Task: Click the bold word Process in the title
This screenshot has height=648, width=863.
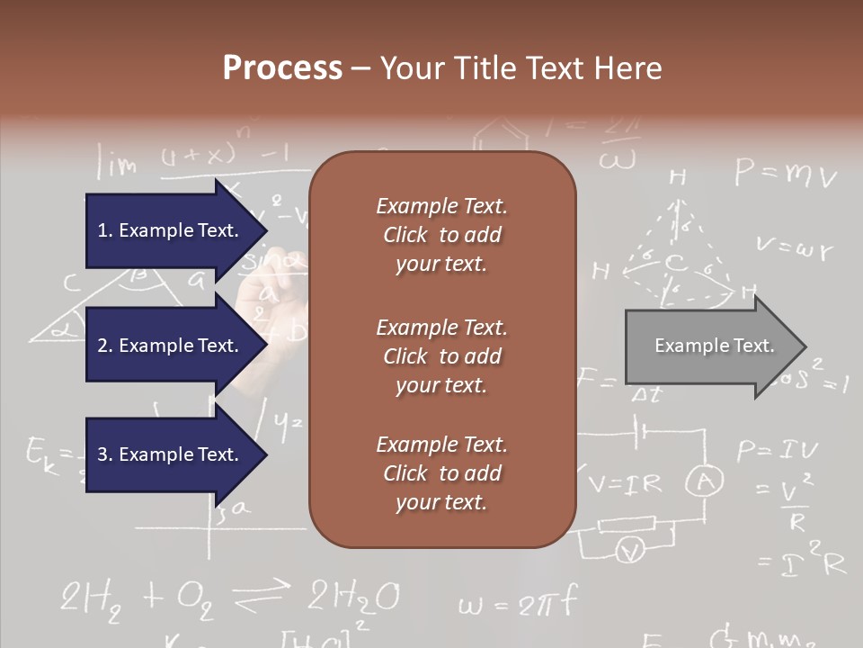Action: tap(282, 68)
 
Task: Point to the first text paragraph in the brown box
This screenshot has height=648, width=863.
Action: tap(441, 235)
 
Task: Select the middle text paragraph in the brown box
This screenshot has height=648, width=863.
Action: tap(441, 355)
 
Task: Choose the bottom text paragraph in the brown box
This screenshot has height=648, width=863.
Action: tap(441, 473)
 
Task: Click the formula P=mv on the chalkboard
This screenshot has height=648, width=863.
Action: tap(785, 172)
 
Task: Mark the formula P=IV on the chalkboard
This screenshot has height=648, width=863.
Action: tap(778, 450)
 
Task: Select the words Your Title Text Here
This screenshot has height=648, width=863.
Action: tap(520, 68)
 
